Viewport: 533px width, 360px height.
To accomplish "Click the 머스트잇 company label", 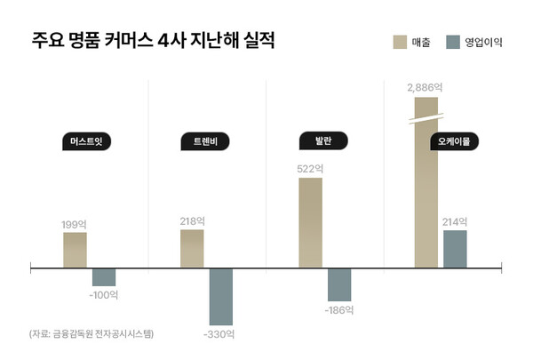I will [92, 141].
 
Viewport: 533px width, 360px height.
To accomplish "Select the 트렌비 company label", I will [204, 141].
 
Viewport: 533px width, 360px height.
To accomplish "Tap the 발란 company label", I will [322, 141].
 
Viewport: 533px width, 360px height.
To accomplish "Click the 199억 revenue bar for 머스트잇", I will [75, 249].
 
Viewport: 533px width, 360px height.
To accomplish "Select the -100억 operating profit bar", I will [104, 276].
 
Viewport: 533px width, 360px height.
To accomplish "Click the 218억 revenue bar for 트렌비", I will [192, 248].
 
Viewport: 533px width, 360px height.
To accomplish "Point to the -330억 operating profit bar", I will [221, 295].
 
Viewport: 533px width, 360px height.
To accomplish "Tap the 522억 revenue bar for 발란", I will [310, 222].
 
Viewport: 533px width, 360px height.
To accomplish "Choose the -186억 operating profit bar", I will [339, 283].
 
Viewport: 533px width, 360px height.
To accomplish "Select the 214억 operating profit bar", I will [455, 248].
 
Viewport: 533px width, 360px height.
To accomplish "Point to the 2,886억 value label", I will [425, 87].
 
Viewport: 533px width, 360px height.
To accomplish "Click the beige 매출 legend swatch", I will [400, 42].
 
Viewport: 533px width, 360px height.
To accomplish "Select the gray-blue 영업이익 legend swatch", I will [453, 42].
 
